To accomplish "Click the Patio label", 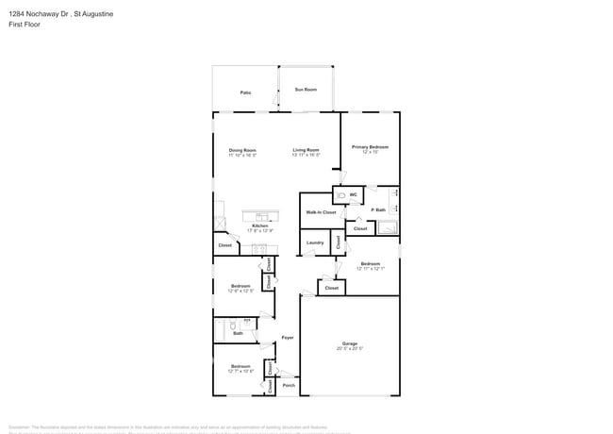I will click(x=245, y=92).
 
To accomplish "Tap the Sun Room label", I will click(x=306, y=90).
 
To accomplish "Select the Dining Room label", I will click(x=242, y=150).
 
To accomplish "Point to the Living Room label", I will click(x=306, y=150).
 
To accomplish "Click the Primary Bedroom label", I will click(x=370, y=147).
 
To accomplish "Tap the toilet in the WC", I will click(x=341, y=195).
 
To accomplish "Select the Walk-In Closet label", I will click(x=321, y=212).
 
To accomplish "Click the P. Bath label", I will click(x=378, y=209).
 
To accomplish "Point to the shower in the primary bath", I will click(x=389, y=227).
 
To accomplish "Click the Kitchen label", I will click(x=259, y=225).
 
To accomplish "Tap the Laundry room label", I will click(x=315, y=242).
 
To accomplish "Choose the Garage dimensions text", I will click(x=350, y=349).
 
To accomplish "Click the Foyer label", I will click(x=288, y=337).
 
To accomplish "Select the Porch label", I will click(x=289, y=385).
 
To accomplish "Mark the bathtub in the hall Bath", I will click(x=222, y=330).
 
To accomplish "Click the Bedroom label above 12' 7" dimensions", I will click(x=240, y=366).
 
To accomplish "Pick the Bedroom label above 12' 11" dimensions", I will click(x=370, y=263).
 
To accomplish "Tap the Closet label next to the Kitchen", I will click(x=225, y=245).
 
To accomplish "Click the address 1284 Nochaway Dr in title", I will click(x=37, y=14).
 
